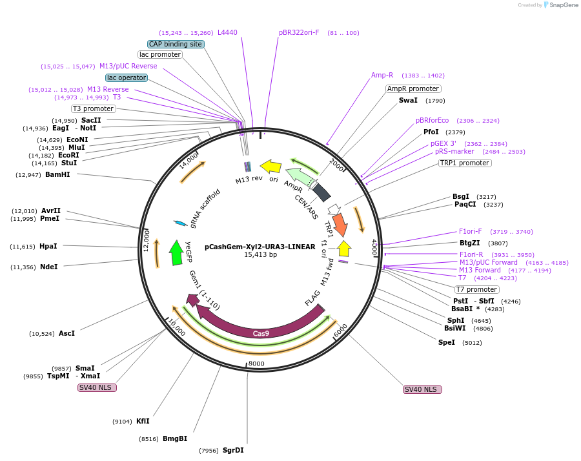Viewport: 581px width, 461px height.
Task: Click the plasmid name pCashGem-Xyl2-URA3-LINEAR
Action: [x=260, y=246]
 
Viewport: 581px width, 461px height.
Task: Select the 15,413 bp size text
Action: [x=260, y=255]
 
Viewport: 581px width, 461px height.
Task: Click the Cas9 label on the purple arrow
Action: [x=261, y=333]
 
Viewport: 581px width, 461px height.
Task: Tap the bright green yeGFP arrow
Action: [x=176, y=252]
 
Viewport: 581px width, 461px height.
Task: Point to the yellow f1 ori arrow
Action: [x=344, y=248]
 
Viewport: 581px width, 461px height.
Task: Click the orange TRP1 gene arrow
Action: [x=340, y=225]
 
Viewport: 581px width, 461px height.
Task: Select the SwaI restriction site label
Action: [x=408, y=101]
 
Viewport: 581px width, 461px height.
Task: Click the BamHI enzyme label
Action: [x=57, y=174]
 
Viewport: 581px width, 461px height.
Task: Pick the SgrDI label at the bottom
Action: [x=233, y=451]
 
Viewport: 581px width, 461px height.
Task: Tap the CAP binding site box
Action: [x=176, y=44]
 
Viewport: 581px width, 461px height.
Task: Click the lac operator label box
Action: [x=127, y=77]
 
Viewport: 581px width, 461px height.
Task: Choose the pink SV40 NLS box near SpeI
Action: [x=422, y=389]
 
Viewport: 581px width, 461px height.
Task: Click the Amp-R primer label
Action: [x=382, y=76]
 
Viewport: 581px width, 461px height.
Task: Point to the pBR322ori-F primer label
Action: [x=299, y=32]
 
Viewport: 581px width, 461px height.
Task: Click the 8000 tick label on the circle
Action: [x=256, y=364]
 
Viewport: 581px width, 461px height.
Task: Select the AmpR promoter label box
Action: [x=413, y=88]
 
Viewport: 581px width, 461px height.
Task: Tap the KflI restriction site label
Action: [x=143, y=421]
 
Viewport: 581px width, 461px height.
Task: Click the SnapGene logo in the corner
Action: [x=563, y=5]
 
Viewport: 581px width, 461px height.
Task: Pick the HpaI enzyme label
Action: [x=48, y=246]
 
